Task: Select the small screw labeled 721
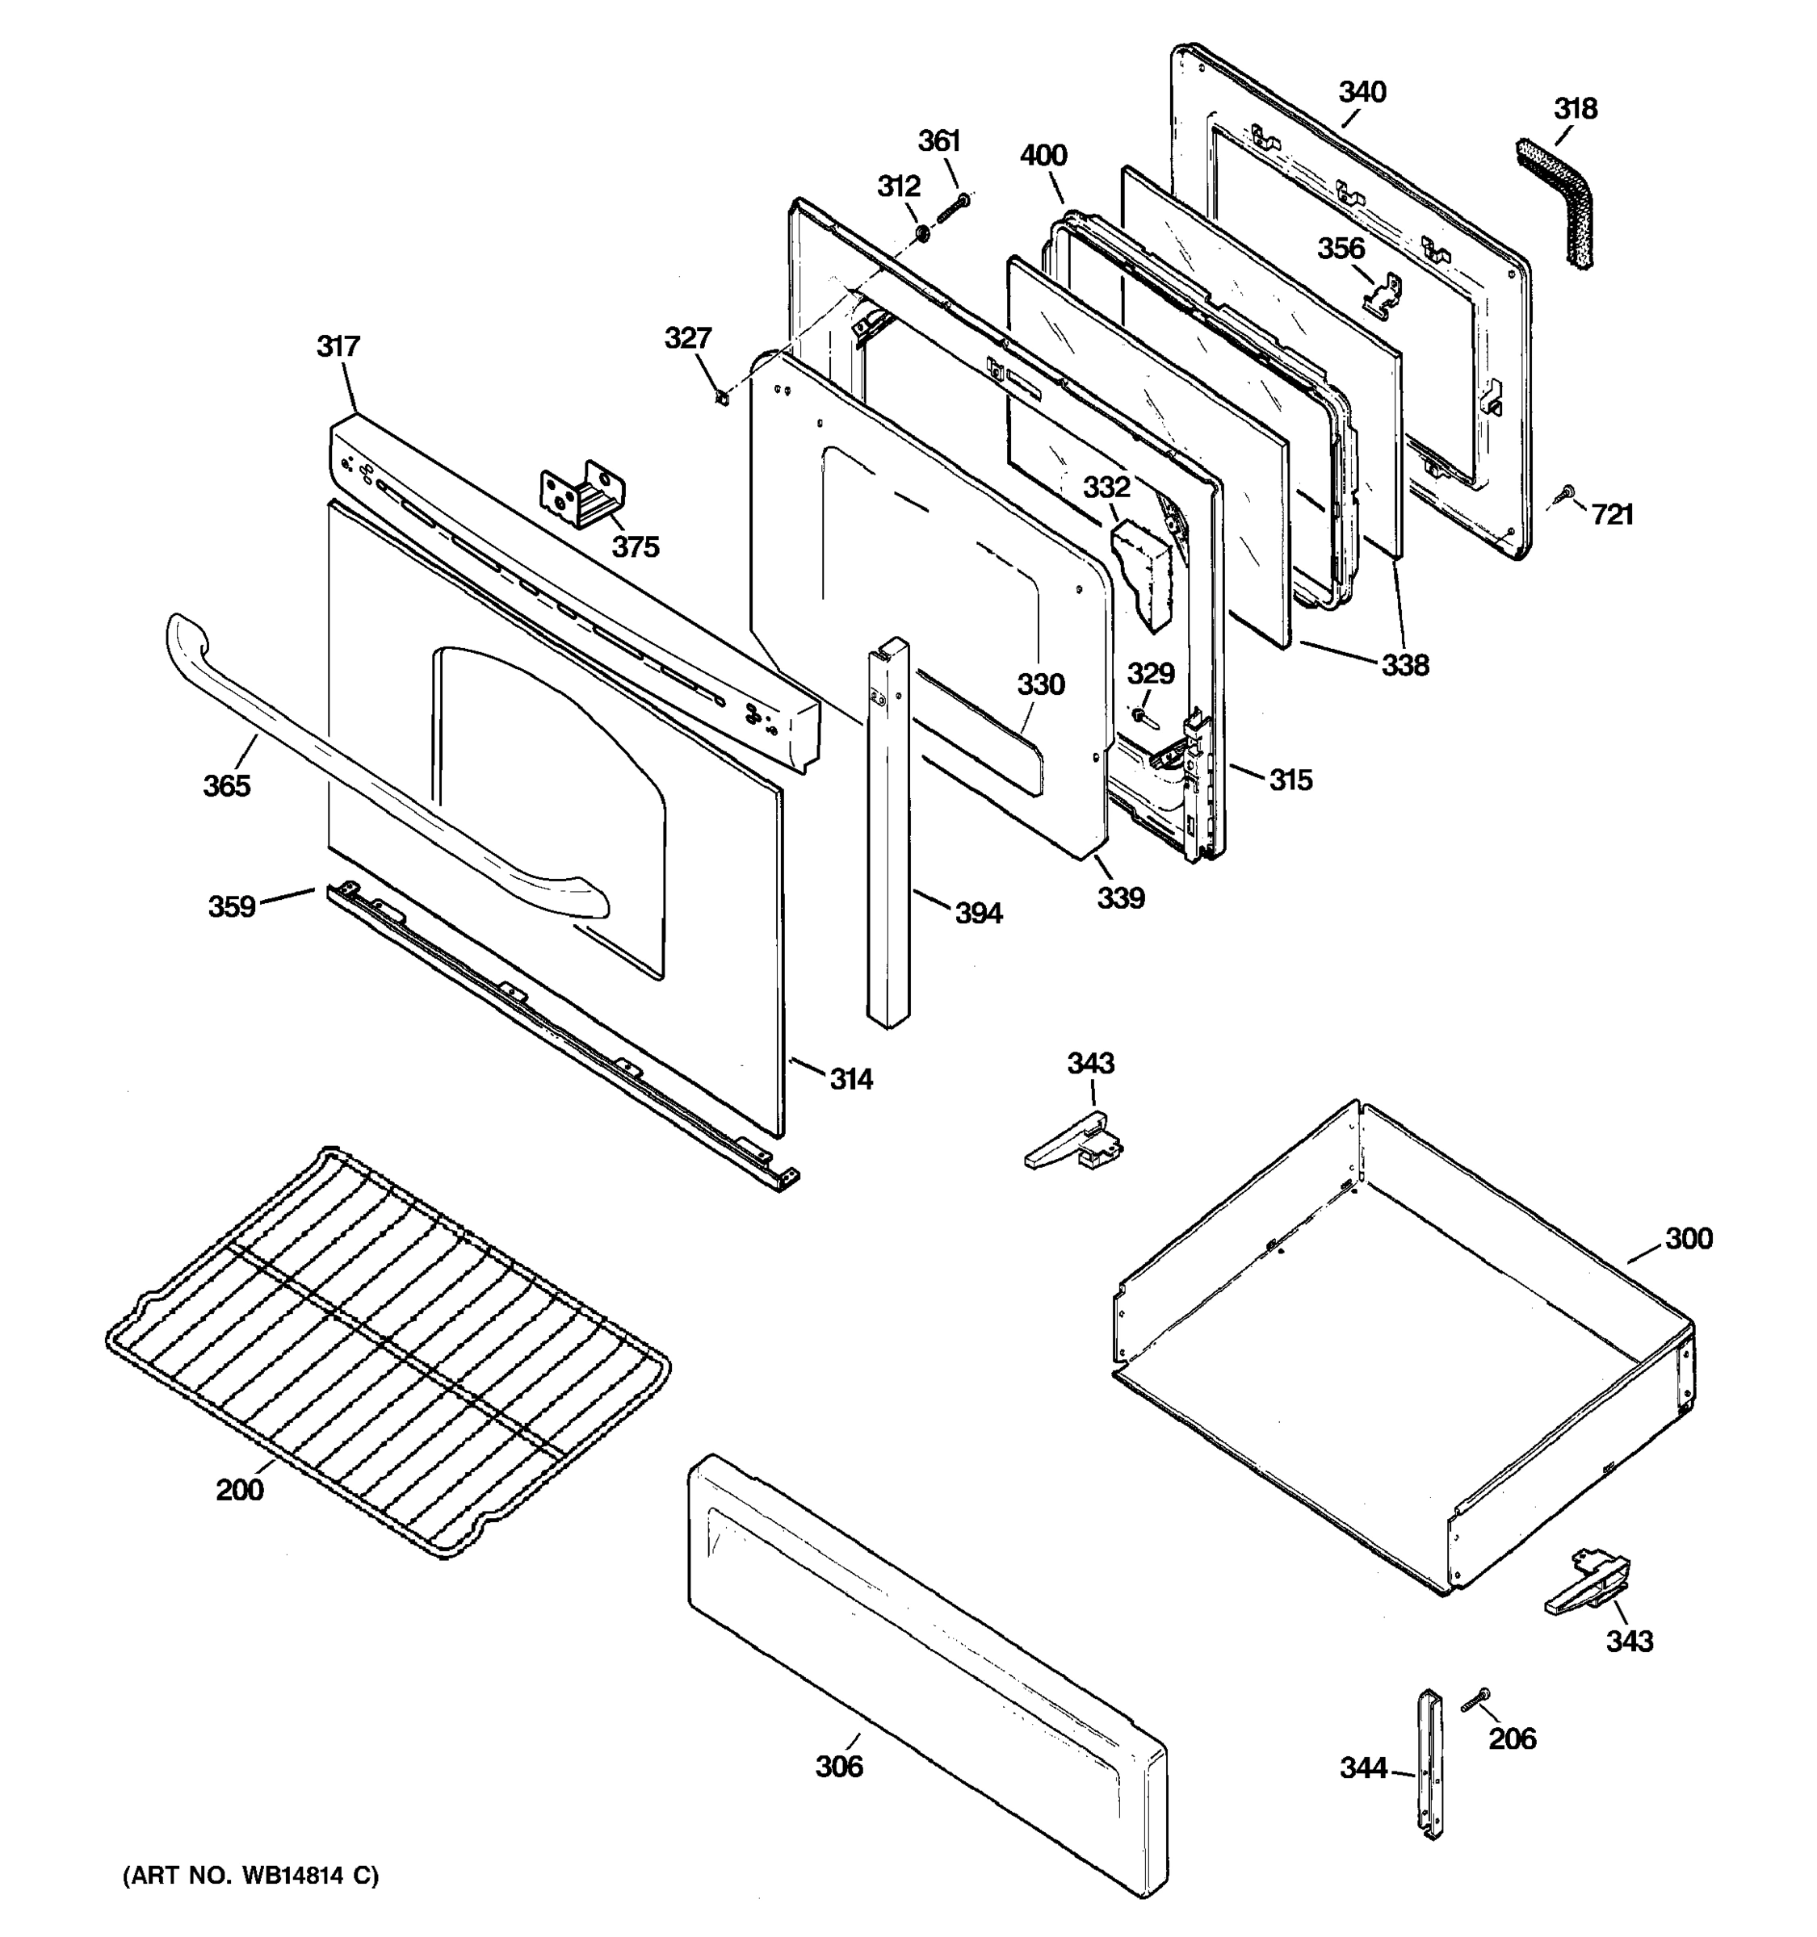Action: tap(1568, 493)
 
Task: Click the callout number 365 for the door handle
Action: tap(226, 785)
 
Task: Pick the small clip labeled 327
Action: tap(721, 399)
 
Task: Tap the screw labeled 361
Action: tap(955, 207)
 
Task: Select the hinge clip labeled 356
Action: tap(1384, 295)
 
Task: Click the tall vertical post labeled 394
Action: tap(888, 838)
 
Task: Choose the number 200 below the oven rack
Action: tap(240, 1489)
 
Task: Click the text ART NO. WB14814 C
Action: tap(250, 1875)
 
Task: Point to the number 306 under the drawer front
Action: tap(839, 1766)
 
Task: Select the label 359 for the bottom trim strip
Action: tap(232, 906)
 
